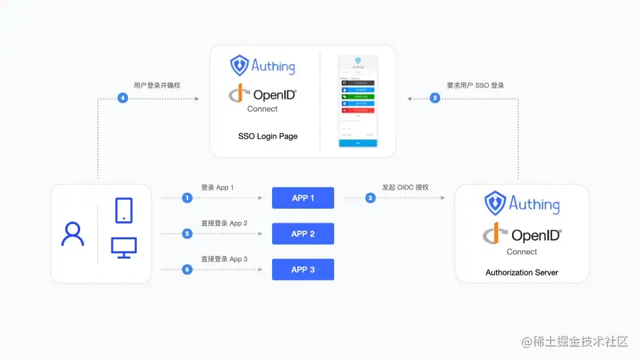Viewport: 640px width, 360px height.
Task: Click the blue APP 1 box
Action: [303, 198]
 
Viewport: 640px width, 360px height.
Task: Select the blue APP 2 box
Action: [303, 234]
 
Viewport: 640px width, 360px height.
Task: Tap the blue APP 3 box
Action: [303, 269]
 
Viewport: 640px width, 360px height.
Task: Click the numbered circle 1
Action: [187, 198]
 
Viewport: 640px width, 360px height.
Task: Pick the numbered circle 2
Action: [370, 198]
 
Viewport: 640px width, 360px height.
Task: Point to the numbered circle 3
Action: [435, 98]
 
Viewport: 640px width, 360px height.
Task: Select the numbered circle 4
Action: [123, 98]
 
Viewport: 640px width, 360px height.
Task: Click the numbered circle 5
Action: [187, 234]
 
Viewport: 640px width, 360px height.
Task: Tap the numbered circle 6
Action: [187, 269]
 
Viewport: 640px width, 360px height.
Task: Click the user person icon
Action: [73, 234]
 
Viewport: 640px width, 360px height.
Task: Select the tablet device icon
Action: [124, 210]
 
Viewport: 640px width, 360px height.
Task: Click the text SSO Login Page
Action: [268, 137]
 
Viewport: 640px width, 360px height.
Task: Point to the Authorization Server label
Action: [522, 273]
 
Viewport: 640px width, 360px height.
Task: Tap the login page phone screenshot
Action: [357, 101]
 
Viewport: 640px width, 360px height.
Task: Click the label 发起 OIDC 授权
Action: [405, 187]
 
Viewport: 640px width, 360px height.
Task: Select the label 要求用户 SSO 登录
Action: [475, 85]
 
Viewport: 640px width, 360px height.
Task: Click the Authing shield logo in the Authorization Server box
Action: [495, 203]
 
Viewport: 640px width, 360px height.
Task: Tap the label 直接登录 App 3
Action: [224, 259]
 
